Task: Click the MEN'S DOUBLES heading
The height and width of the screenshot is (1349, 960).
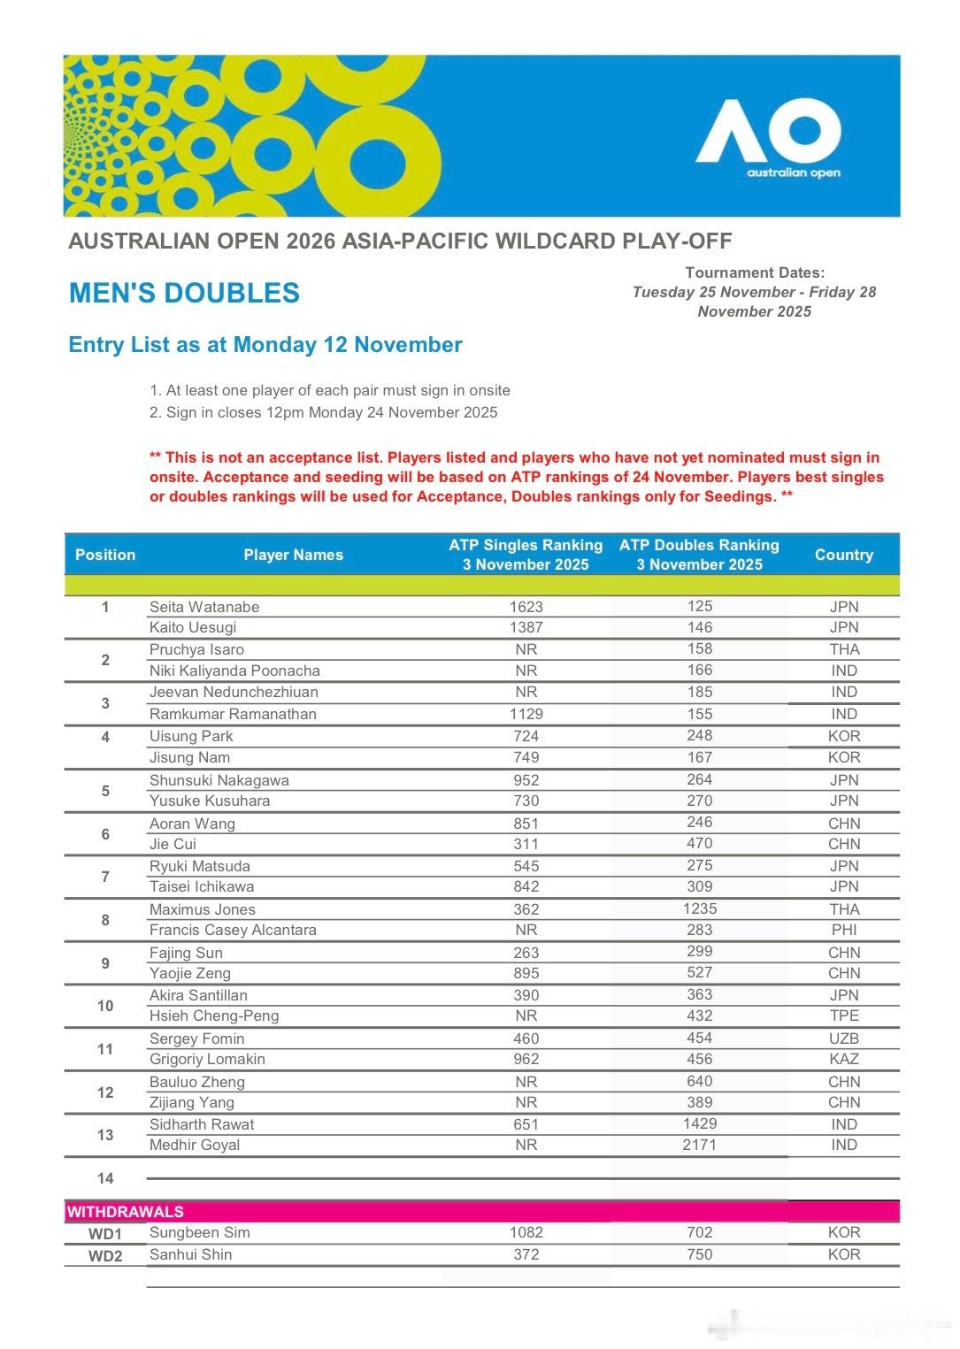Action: [184, 294]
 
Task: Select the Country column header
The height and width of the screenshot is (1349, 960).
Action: [843, 555]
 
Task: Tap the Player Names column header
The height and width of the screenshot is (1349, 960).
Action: [293, 555]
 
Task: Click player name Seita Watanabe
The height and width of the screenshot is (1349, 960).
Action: [204, 607]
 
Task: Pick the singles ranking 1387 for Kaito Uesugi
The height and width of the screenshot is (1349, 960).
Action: [526, 627]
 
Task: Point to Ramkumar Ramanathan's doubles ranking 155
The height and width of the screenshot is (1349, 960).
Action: [699, 713]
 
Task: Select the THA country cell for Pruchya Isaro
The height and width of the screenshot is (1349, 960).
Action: [844, 649]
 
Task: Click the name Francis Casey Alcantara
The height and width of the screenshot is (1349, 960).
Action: [233, 930]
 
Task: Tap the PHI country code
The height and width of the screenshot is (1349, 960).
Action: [844, 930]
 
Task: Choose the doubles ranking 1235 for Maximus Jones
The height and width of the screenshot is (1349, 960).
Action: [699, 908]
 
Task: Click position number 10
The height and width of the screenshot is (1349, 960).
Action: [105, 1006]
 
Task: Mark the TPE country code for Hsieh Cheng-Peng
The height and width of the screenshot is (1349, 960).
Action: [844, 1016]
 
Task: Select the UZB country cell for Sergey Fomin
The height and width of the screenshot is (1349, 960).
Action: [844, 1039]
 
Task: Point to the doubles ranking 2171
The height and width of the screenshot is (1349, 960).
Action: [699, 1145]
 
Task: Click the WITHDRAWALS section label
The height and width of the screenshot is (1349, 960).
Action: [126, 1212]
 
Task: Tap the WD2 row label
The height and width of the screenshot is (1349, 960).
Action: [105, 1256]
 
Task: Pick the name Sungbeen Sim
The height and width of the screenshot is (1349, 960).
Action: [200, 1232]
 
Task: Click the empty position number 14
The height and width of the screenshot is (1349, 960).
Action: [105, 1178]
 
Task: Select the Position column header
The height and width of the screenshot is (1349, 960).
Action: [105, 555]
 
